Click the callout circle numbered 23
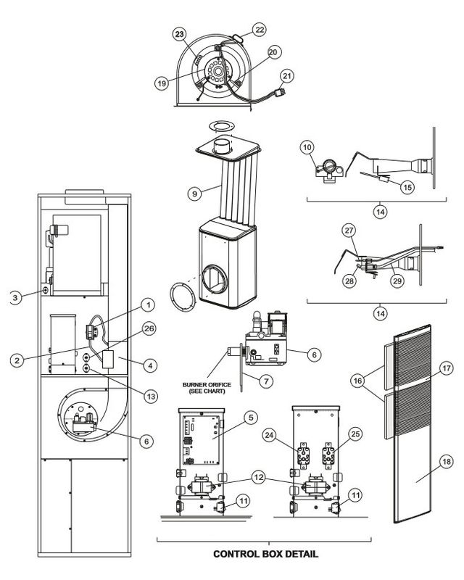(x=179, y=33)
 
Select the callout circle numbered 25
(x=355, y=436)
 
